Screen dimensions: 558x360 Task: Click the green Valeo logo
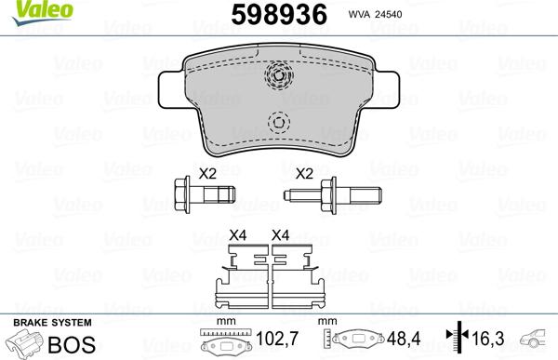pos(42,11)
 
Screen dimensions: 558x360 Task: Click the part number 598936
pos(279,15)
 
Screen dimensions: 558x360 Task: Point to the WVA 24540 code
pos(375,14)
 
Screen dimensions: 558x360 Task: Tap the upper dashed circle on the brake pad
pos(279,75)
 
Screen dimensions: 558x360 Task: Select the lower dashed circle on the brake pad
pos(279,123)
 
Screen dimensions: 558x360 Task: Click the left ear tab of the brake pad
pos(171,89)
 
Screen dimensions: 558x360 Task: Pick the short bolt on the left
pos(205,194)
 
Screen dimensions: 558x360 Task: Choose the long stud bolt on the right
pos(333,195)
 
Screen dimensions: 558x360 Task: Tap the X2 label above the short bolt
pos(207,174)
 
